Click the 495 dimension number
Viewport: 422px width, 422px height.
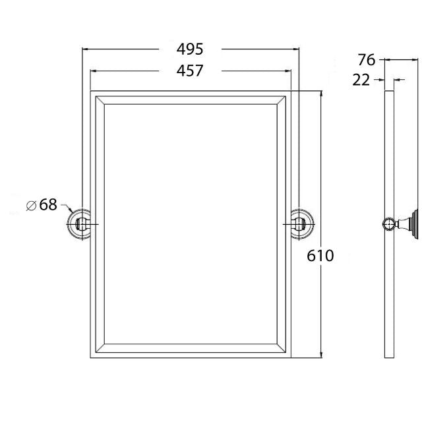click(190, 49)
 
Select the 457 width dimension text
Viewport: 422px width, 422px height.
click(190, 70)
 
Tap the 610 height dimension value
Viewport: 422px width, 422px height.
click(320, 255)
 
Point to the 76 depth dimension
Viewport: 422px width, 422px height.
click(367, 60)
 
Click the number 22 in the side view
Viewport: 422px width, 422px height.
click(361, 80)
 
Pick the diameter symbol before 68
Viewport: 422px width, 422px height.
click(30, 205)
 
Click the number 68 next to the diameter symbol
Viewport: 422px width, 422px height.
click(48, 204)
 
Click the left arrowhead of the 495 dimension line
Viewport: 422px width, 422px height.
click(83, 49)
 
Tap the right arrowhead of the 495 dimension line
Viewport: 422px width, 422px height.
click(297, 49)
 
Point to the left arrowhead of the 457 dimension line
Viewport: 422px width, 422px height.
click(92, 70)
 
